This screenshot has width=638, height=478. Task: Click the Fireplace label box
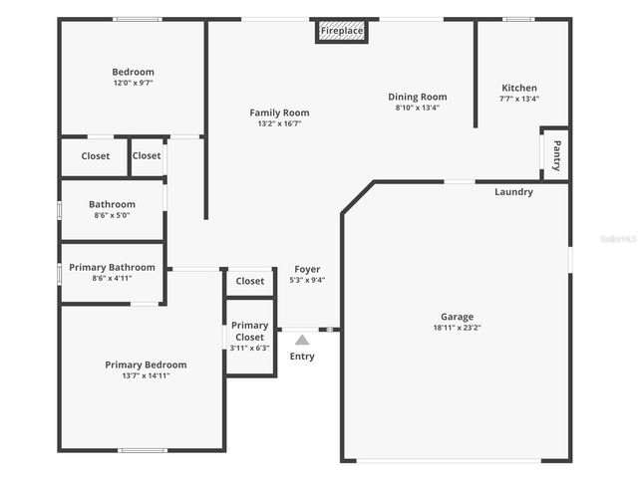(x=342, y=31)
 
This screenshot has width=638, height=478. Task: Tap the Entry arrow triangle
(x=302, y=341)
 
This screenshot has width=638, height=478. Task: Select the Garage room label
(x=458, y=317)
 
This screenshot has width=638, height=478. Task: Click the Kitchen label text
(x=518, y=88)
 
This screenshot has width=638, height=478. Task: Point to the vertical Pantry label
(x=556, y=154)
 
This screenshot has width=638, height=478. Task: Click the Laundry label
(x=513, y=192)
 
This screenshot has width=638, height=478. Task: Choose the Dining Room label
(x=417, y=97)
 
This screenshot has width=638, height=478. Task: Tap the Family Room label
(x=279, y=113)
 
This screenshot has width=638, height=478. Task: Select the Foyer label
(x=307, y=269)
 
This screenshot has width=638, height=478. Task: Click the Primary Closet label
(x=249, y=331)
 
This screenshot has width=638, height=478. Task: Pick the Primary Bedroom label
(x=146, y=364)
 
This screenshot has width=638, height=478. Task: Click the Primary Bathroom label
(x=112, y=267)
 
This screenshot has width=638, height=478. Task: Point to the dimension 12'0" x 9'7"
(x=132, y=83)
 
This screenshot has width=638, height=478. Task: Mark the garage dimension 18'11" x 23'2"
(x=458, y=328)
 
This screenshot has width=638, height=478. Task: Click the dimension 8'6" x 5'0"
(x=111, y=215)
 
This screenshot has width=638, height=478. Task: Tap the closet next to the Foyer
(x=250, y=281)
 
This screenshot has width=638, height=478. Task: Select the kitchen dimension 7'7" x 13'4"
(x=518, y=99)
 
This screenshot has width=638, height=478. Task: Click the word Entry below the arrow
(x=302, y=357)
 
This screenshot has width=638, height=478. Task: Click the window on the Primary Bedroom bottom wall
(x=143, y=450)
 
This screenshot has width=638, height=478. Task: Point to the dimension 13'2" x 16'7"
(x=279, y=123)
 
